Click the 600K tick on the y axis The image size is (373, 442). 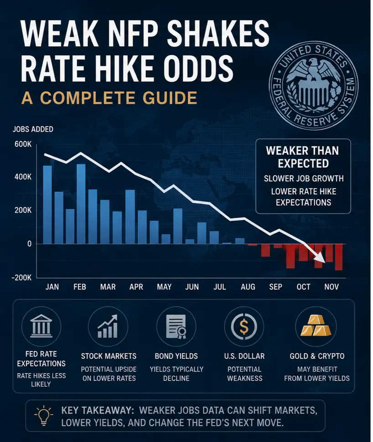click(x=23, y=144)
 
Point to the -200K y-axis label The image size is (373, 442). click(x=22, y=278)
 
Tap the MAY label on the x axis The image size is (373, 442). click(x=164, y=287)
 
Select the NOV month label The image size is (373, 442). click(x=332, y=287)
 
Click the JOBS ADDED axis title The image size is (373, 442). click(x=33, y=129)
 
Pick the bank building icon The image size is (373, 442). click(x=41, y=326)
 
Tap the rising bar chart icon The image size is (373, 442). click(x=108, y=326)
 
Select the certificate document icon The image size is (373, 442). click(x=176, y=327)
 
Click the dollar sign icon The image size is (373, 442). click(x=244, y=326)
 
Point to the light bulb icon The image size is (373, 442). click(x=44, y=415)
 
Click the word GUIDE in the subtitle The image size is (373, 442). click(x=170, y=98)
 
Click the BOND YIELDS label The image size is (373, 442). click(x=176, y=356)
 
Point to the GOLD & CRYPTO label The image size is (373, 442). click(x=317, y=356)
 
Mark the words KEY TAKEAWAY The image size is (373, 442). click(x=98, y=410)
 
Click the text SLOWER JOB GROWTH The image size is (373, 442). click(x=304, y=179)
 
